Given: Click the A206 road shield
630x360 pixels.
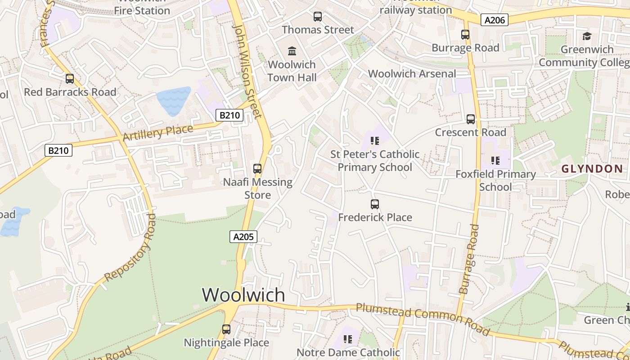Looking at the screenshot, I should coord(494,20).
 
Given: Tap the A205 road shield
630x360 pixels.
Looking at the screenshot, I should coord(243,237).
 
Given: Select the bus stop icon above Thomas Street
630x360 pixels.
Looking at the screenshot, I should coord(318,17).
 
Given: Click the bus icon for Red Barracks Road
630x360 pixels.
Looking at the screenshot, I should coord(70,79).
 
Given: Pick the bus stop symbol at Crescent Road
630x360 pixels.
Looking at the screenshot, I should coord(471,119).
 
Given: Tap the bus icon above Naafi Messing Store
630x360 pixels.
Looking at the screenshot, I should coord(257,169).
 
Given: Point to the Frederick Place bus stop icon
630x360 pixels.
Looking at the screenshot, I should coord(375,204).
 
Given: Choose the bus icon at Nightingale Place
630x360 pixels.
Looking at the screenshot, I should coord(226,329).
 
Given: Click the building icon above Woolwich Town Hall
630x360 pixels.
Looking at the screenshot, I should coord(292,51).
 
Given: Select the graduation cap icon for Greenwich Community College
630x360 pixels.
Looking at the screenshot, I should coord(587,36).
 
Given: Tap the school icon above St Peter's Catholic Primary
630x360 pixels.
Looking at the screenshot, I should coord(375,141).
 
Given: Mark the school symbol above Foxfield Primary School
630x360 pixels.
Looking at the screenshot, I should coord(495,161).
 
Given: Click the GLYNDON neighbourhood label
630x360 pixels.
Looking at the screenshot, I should coord(592,169).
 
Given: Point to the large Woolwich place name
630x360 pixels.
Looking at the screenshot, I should coord(243,295).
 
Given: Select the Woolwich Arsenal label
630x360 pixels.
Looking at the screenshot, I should coord(412,74).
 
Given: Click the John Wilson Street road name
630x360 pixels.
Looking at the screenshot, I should coord(247,71).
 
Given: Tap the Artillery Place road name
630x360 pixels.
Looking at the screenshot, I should coord(158,132).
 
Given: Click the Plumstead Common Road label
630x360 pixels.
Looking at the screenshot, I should coord(423,319).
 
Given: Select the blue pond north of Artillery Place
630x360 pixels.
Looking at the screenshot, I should coord(173,100).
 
